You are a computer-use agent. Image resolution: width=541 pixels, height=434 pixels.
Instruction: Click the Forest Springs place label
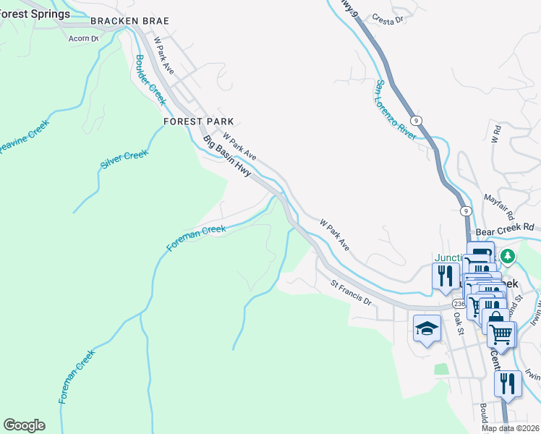(x=35, y=14)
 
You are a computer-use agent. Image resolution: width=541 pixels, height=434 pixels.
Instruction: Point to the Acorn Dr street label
(x=83, y=38)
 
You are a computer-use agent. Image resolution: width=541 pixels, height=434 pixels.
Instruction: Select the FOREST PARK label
(x=198, y=122)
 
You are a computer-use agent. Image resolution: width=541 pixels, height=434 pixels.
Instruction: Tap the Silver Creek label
(x=124, y=160)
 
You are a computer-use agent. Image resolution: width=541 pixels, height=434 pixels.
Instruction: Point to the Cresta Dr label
(x=388, y=20)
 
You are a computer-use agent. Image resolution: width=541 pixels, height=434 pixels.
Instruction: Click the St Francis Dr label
(x=351, y=294)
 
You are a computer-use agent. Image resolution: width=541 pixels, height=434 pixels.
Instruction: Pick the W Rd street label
(x=496, y=133)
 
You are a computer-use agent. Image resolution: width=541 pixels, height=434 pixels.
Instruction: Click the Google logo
(x=24, y=425)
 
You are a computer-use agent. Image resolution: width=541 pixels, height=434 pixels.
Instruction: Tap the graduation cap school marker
(x=427, y=328)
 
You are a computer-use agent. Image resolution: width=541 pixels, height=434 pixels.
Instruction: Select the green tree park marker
(x=508, y=256)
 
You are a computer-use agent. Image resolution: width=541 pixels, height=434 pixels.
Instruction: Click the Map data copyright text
(x=511, y=428)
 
